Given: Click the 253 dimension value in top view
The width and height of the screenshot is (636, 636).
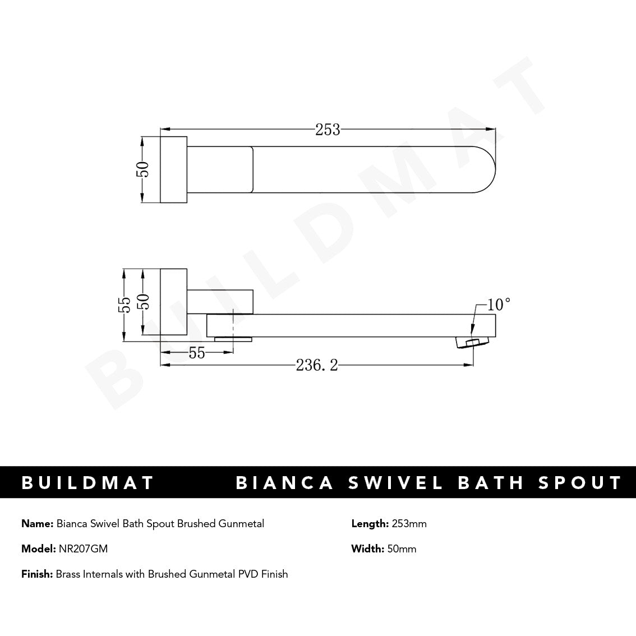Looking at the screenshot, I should (x=328, y=130).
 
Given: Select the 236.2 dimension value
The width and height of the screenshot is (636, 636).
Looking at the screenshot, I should (x=317, y=366).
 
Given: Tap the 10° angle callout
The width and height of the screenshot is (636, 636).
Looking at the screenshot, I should (x=499, y=305).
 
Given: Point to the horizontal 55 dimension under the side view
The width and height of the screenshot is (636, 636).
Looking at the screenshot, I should (x=196, y=353).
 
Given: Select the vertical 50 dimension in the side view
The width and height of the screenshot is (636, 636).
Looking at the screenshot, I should (x=144, y=305).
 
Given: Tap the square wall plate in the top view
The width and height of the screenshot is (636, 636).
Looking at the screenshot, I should (x=174, y=169).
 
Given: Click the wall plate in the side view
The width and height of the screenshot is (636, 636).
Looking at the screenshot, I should (x=174, y=302).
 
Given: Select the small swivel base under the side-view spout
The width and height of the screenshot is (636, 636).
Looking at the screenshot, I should (x=233, y=339).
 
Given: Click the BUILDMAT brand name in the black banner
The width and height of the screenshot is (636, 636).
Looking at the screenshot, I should (x=87, y=483).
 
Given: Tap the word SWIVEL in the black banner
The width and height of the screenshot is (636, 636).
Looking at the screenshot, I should (x=395, y=483).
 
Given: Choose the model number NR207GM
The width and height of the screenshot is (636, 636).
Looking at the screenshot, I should (x=83, y=549).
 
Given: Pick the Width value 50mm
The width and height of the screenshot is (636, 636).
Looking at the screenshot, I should (x=402, y=549).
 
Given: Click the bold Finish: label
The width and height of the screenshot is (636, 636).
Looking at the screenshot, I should (x=37, y=574).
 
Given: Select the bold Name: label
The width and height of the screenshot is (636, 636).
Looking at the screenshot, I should (x=38, y=524).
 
